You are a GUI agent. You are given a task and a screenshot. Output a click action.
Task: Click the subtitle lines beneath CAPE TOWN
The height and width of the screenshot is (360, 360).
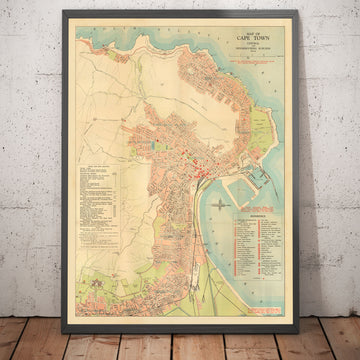coord(243,54)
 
